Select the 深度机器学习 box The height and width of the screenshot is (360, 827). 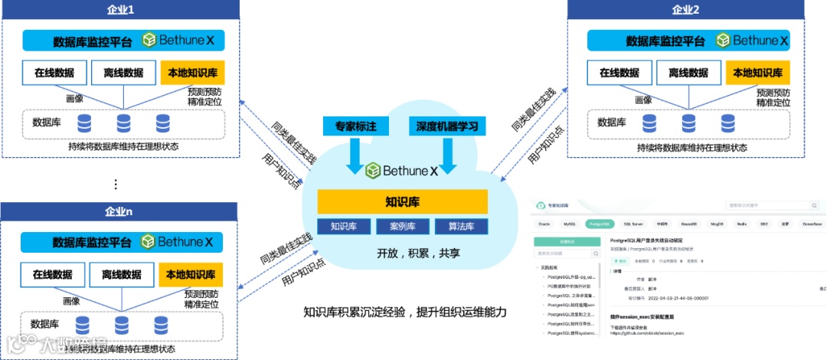pyautogui.click(x=447, y=126)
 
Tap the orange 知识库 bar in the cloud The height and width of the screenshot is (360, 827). pyautogui.click(x=403, y=202)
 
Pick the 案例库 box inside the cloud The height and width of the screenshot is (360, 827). pyautogui.click(x=402, y=227)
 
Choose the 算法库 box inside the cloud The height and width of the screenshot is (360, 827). pyautogui.click(x=461, y=227)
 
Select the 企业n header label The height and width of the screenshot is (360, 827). pyautogui.click(x=119, y=211)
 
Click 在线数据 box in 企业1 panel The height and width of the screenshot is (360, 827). pyautogui.click(x=54, y=73)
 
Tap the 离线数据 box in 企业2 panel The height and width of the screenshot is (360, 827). pyautogui.click(x=688, y=73)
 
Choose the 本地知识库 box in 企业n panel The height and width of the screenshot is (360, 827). pyautogui.click(x=191, y=274)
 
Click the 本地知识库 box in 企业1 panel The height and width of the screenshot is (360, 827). pyautogui.click(x=192, y=73)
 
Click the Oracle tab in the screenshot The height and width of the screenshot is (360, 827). pyautogui.click(x=544, y=224)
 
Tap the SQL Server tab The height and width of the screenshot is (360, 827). pyautogui.click(x=632, y=224)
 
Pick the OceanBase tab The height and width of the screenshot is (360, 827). pyautogui.click(x=812, y=224)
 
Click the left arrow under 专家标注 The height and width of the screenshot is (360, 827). pyautogui.click(x=355, y=156)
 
